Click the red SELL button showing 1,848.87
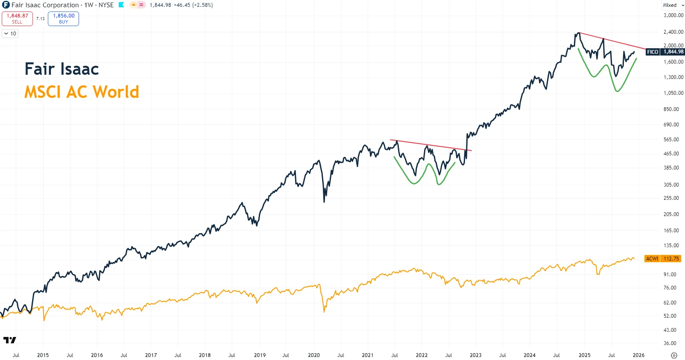17,18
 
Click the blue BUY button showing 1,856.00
63,18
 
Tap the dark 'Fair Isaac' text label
61,69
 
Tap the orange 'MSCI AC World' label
82,92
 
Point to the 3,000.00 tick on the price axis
673,15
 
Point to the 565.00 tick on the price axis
671,140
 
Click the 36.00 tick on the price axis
670,343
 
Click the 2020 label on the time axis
313,355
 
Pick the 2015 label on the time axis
43,355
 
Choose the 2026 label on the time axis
638,355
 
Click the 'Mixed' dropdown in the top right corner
673,5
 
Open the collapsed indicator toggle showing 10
10,34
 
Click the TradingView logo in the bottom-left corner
9,340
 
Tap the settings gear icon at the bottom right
674,355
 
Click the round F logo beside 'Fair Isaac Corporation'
6,5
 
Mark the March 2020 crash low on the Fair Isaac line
324,202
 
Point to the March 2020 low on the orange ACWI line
324,312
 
